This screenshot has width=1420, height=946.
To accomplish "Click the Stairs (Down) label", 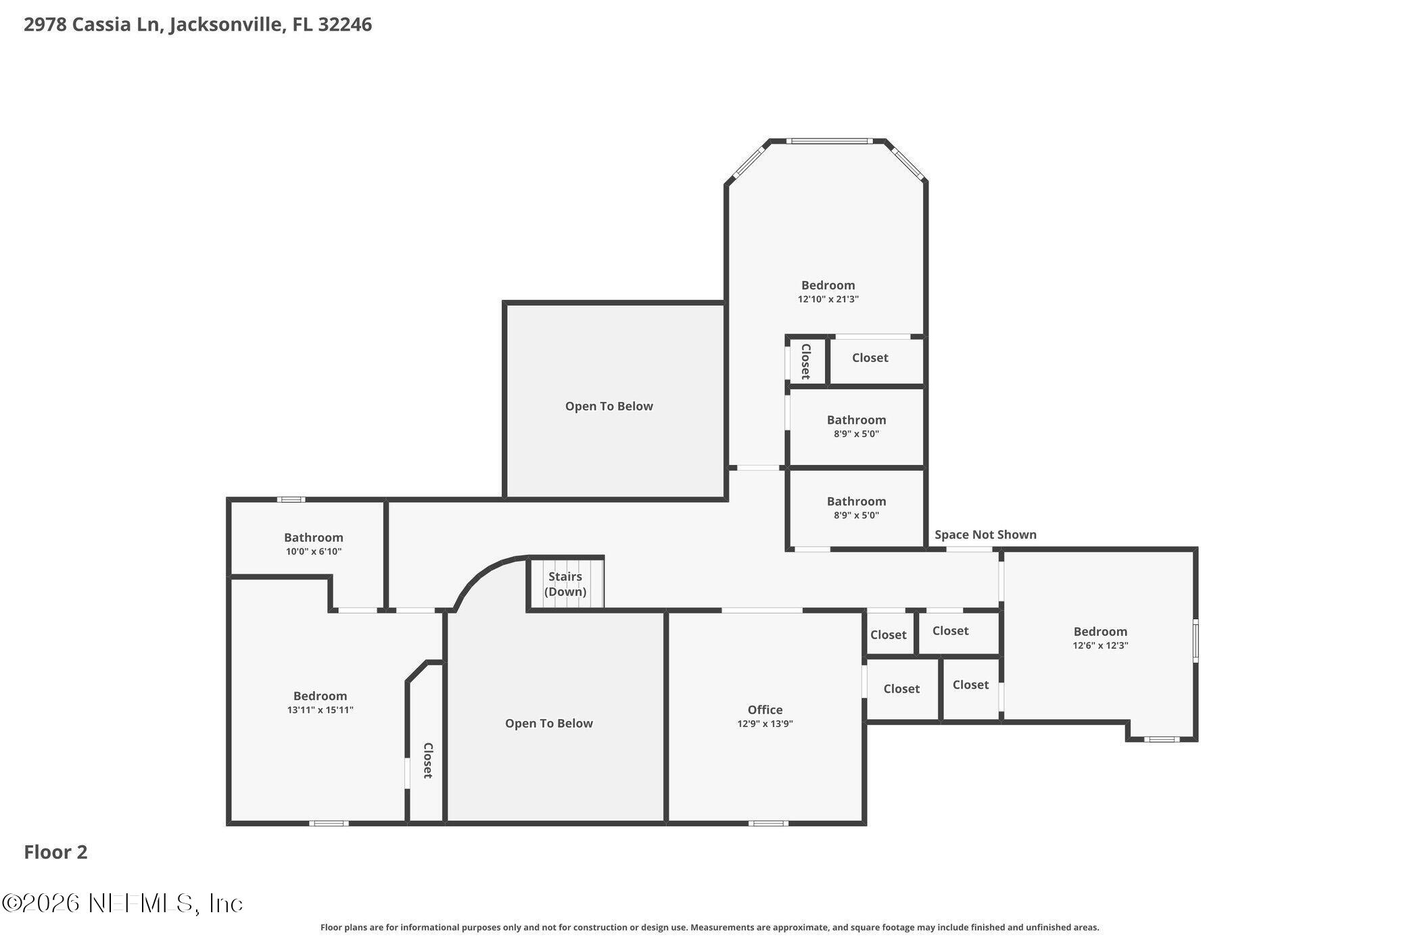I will point(565,584).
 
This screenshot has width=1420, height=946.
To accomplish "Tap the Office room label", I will point(765,709).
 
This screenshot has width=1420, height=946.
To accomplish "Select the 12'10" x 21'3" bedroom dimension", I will point(828,299).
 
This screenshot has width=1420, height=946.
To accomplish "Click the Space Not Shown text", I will point(985,534).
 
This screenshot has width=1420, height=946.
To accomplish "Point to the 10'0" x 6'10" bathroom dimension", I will point(313,551).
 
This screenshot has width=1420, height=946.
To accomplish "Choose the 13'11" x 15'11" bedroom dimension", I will point(320,710).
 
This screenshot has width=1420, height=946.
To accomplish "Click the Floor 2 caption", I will point(55,852).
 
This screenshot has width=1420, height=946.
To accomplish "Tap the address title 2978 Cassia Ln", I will point(197,24).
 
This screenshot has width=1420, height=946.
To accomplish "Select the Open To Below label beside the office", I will point(548,723).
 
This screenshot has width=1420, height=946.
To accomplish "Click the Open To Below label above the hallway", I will point(609,406).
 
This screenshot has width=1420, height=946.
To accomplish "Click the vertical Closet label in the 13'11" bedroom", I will point(427,760).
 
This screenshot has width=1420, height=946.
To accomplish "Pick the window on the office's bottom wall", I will point(767,823).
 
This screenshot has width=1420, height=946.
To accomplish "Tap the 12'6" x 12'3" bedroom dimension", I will point(1100,646).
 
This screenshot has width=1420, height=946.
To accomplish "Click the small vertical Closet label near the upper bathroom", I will point(805,361).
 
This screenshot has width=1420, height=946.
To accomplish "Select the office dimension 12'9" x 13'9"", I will point(765,724).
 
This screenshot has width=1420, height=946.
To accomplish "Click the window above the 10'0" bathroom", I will point(291,499).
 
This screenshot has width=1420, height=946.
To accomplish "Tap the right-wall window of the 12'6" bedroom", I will point(1195,640).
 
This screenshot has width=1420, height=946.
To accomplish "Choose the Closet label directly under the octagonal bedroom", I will point(870,357).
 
